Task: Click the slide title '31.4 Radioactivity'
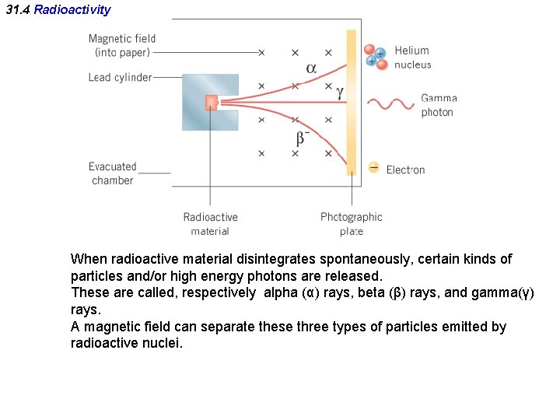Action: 58,10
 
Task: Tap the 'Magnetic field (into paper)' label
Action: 122,45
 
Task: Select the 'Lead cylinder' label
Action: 121,77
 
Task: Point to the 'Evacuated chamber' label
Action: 113,173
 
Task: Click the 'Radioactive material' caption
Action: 210,224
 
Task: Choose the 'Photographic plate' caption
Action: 351,224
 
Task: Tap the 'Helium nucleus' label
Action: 412,58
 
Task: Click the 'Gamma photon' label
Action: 439,105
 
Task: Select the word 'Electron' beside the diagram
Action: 405,170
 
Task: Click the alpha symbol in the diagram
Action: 311,68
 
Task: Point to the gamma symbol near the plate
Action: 339,92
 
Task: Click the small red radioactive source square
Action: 211,102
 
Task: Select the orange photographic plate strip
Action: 352,101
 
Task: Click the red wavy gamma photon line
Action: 390,103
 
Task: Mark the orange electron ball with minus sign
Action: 374,167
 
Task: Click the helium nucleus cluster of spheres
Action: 376,55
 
